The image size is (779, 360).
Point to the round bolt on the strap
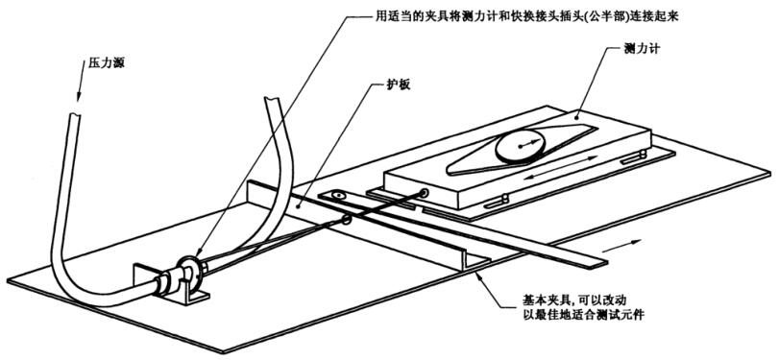pyautogui.click(x=337, y=196)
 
